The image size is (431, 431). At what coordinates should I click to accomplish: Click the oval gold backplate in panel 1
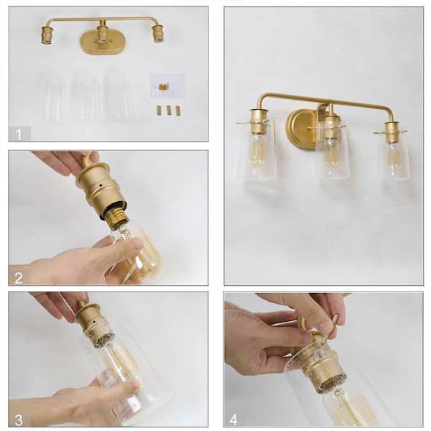coord(101,42)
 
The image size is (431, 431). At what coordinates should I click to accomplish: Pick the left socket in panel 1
coord(47,34)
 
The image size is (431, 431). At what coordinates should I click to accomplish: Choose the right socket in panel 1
coord(157,33)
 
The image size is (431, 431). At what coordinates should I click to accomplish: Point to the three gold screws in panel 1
coord(168,110)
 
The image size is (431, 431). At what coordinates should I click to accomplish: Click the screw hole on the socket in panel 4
coord(318,354)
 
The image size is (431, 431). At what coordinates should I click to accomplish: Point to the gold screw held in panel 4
coord(331,328)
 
